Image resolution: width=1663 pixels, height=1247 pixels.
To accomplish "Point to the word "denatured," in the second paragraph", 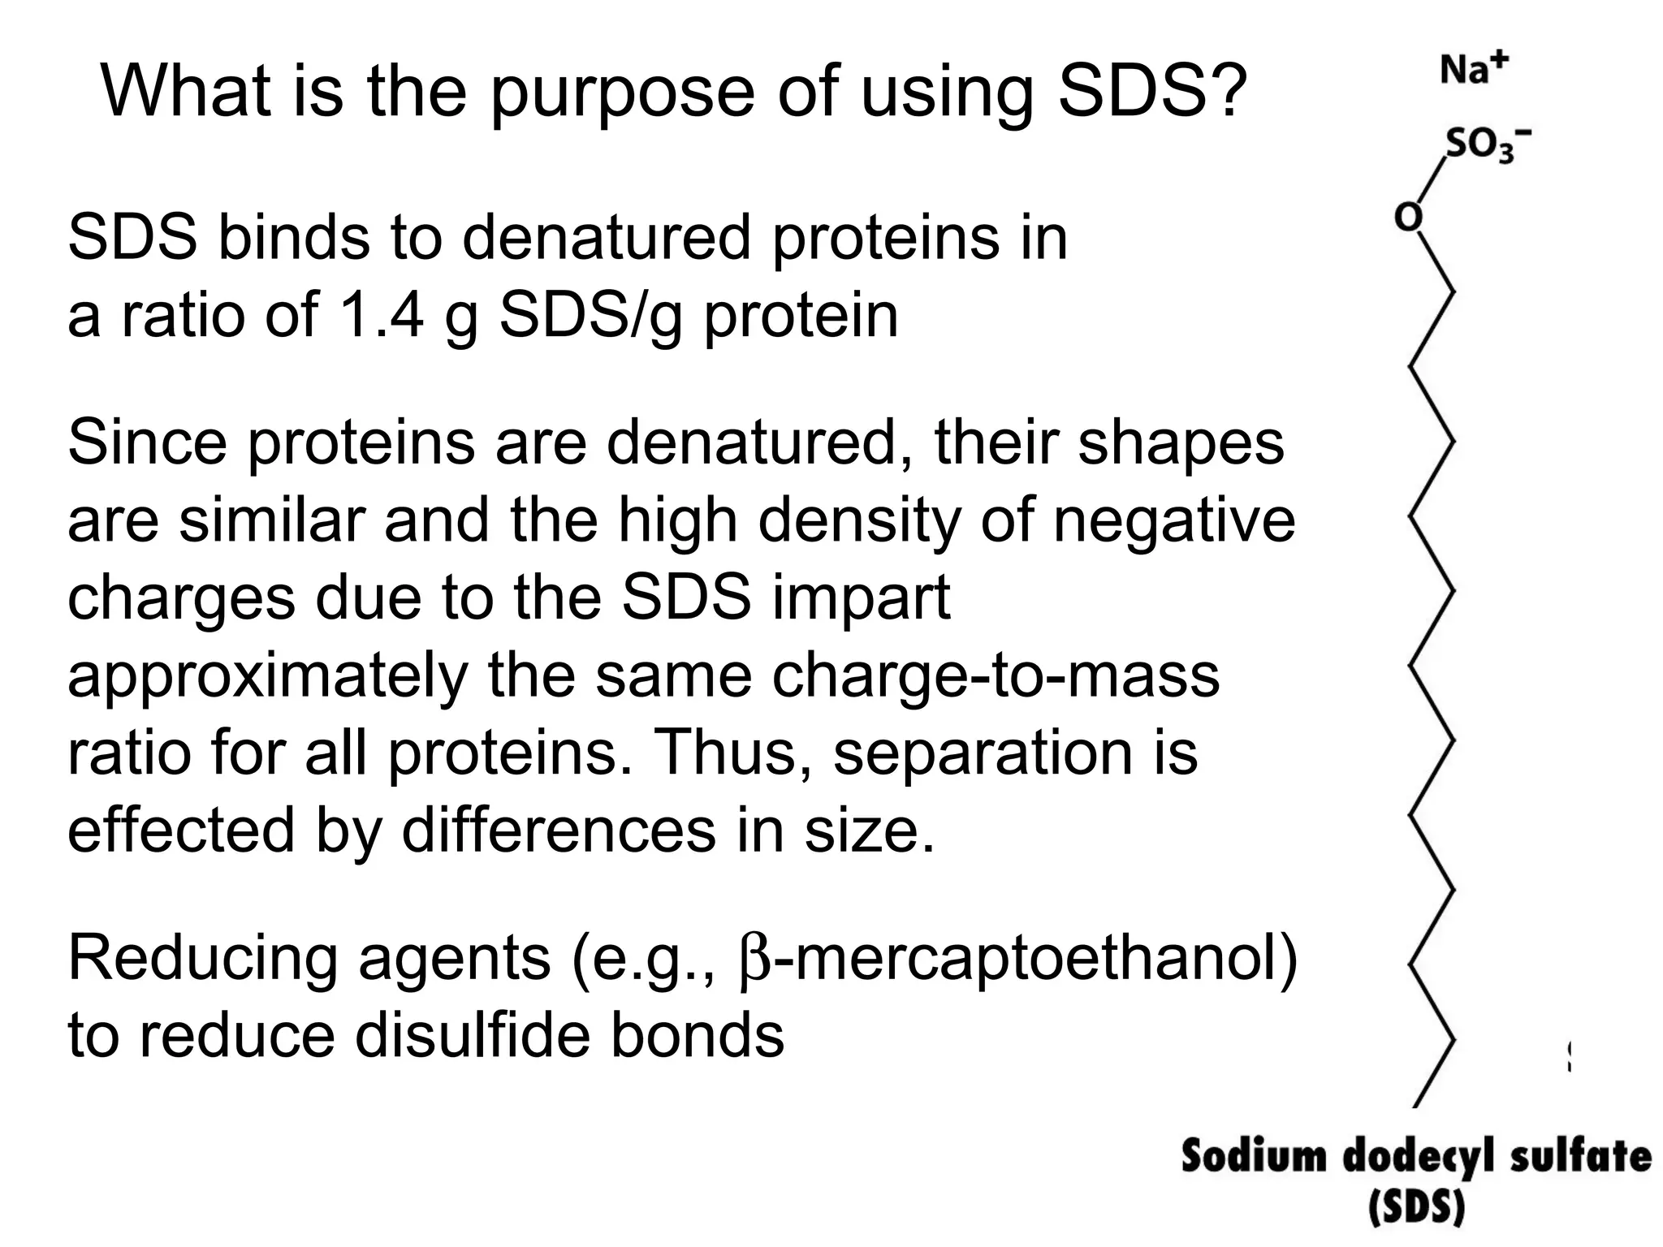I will coord(759,443).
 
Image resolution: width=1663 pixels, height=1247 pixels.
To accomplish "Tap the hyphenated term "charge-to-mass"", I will coord(995,675).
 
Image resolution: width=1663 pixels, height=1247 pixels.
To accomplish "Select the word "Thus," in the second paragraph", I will coord(731,753).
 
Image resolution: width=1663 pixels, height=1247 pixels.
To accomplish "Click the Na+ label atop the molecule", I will coord(1474,68).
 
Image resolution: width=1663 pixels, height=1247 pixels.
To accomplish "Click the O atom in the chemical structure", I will coord(1409,218).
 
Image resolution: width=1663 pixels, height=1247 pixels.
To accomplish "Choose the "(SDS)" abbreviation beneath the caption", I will coord(1416,1209).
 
